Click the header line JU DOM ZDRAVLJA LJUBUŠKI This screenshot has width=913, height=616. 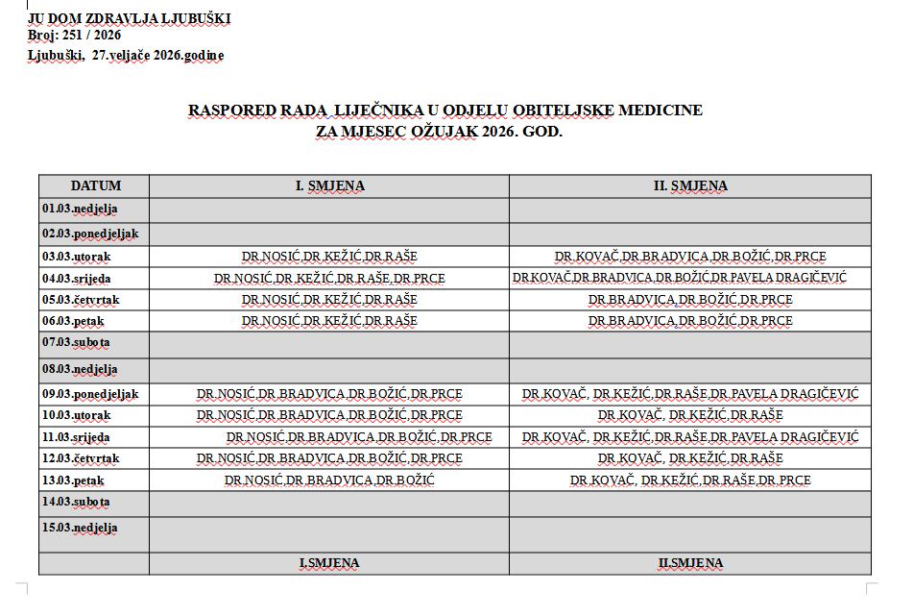click(x=129, y=18)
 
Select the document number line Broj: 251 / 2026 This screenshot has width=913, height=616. click(x=74, y=36)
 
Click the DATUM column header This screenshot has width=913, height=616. click(x=95, y=185)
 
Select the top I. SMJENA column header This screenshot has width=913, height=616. click(x=329, y=185)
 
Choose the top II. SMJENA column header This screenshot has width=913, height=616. click(x=690, y=185)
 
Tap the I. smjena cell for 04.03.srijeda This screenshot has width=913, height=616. click(x=329, y=279)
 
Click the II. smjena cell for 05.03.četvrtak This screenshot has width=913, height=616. click(x=690, y=300)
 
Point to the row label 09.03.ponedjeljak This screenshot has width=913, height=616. click(x=90, y=394)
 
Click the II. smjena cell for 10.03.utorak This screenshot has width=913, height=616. click(x=690, y=415)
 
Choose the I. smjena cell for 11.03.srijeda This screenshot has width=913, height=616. click(x=359, y=437)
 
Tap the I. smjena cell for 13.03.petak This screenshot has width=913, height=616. click(x=329, y=480)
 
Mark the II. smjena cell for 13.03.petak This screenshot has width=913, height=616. click(x=690, y=480)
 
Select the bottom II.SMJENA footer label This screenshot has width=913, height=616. click(x=690, y=563)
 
